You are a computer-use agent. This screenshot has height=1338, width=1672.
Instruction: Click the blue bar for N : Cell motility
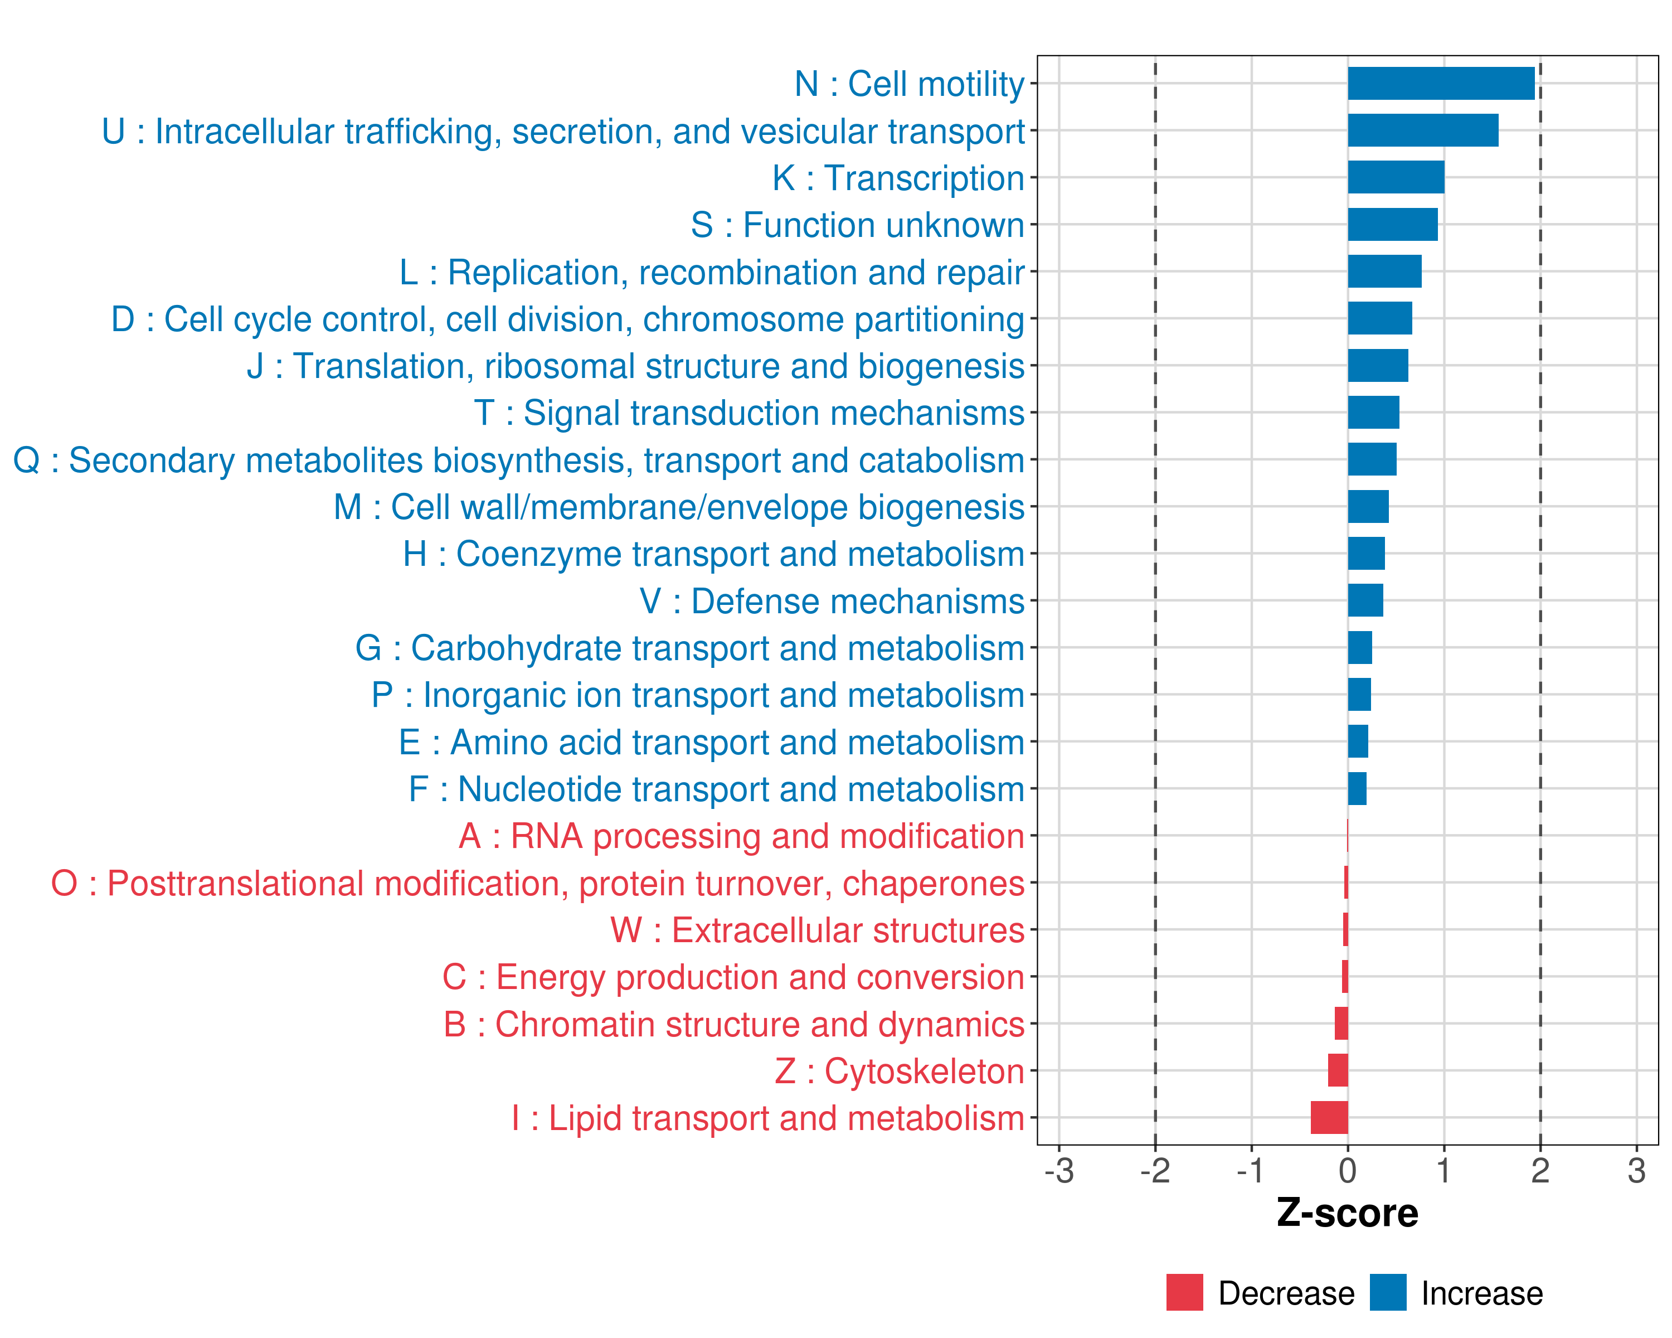[x=1441, y=84]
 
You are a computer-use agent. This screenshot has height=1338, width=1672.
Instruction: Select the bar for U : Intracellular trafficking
[x=1422, y=130]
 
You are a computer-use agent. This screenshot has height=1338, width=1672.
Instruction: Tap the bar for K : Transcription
[x=1396, y=178]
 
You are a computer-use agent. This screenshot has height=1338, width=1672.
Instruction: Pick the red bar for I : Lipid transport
[x=1329, y=1118]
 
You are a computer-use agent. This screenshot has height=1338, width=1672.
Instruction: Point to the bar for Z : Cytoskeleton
[x=1338, y=1070]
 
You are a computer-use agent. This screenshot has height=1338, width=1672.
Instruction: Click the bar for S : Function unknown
[x=1392, y=225]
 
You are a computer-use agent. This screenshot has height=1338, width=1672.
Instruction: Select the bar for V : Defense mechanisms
[x=1365, y=600]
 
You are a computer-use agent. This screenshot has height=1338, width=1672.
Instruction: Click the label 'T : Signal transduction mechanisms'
[x=749, y=414]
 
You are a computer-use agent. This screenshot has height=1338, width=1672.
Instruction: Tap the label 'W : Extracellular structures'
[x=818, y=930]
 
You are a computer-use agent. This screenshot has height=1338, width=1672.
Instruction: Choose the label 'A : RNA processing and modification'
[x=741, y=836]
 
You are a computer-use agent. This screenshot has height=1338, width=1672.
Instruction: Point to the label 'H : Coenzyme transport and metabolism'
[x=713, y=554]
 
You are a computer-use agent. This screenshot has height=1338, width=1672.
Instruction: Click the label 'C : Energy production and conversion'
[x=733, y=977]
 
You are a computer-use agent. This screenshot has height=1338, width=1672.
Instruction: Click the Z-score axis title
[x=1348, y=1213]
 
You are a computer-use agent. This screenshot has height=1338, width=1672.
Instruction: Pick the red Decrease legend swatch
[x=1184, y=1292]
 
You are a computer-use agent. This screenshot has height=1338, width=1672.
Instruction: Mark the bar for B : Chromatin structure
[x=1341, y=1024]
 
